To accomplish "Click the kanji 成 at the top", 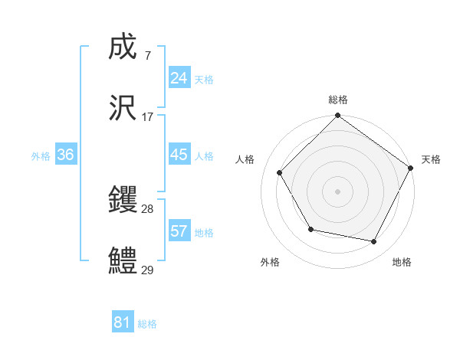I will [x=123, y=49].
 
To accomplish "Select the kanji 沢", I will [x=123, y=108].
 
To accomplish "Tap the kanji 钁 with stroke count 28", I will [x=123, y=201].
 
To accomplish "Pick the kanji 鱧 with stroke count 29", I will [x=123, y=260].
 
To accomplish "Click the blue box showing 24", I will [x=179, y=78].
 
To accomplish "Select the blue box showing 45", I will [x=179, y=155].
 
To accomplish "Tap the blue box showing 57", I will [x=179, y=231].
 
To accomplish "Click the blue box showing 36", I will [x=66, y=155].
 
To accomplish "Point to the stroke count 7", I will [x=147, y=57].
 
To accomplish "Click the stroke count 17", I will [x=148, y=117].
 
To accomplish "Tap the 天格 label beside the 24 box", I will [x=204, y=79].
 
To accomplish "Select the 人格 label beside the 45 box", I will [x=204, y=155].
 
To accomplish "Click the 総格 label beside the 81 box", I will [x=147, y=323].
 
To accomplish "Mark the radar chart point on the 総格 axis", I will [x=337, y=116].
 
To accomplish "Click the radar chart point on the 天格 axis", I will [x=410, y=168].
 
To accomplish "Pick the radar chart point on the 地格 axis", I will [x=374, y=242].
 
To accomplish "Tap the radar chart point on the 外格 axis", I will [x=310, y=229].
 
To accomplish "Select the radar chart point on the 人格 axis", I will [x=280, y=173].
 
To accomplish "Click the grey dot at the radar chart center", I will [x=337, y=191].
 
